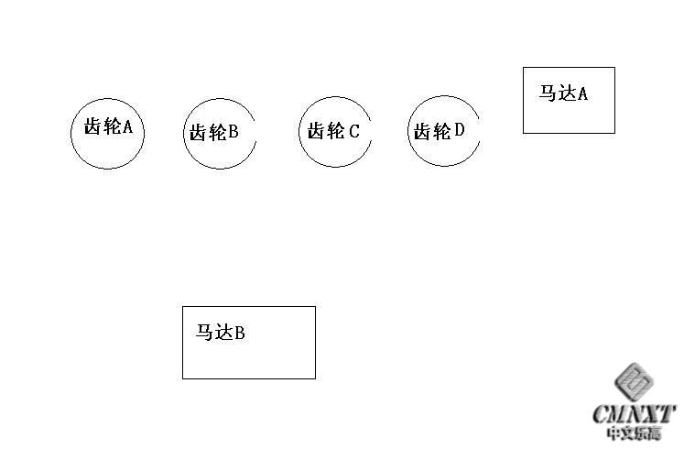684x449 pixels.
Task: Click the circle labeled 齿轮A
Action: [71, 133]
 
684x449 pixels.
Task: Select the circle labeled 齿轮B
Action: [183, 134]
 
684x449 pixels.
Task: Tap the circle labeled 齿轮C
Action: [299, 132]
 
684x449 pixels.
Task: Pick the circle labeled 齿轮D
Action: [407, 131]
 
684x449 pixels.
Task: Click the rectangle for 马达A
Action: [523, 101]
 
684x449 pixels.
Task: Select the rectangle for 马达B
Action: [182, 343]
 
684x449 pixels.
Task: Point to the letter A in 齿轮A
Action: [127, 127]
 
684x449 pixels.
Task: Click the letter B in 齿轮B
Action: [233, 131]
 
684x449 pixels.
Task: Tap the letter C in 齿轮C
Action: [353, 131]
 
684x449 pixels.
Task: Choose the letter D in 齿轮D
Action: [460, 129]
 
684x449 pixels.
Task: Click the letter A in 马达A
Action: [582, 93]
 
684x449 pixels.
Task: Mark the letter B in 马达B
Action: [240, 334]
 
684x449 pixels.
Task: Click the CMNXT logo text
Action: [634, 413]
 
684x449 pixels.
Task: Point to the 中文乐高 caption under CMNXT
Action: [634, 433]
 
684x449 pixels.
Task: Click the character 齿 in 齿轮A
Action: [93, 126]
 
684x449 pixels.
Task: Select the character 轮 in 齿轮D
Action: [441, 131]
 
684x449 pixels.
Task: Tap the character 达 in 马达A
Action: [567, 93]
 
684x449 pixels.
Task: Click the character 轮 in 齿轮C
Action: [335, 131]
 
